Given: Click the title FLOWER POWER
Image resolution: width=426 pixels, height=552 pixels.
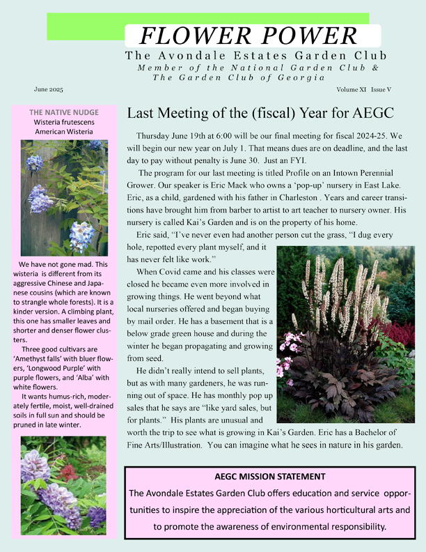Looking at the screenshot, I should coord(249,35).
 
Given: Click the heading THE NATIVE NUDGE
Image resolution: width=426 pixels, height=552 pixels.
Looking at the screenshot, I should coord(63,112).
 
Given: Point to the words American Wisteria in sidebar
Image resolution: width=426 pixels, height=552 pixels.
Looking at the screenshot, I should coord(63,132).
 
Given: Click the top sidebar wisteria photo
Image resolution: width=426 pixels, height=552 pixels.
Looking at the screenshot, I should coord(63,197).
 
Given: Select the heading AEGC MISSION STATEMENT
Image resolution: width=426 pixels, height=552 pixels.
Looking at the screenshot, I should coord(270,476).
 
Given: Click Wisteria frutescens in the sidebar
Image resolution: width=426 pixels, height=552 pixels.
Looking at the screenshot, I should coord(63,122).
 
